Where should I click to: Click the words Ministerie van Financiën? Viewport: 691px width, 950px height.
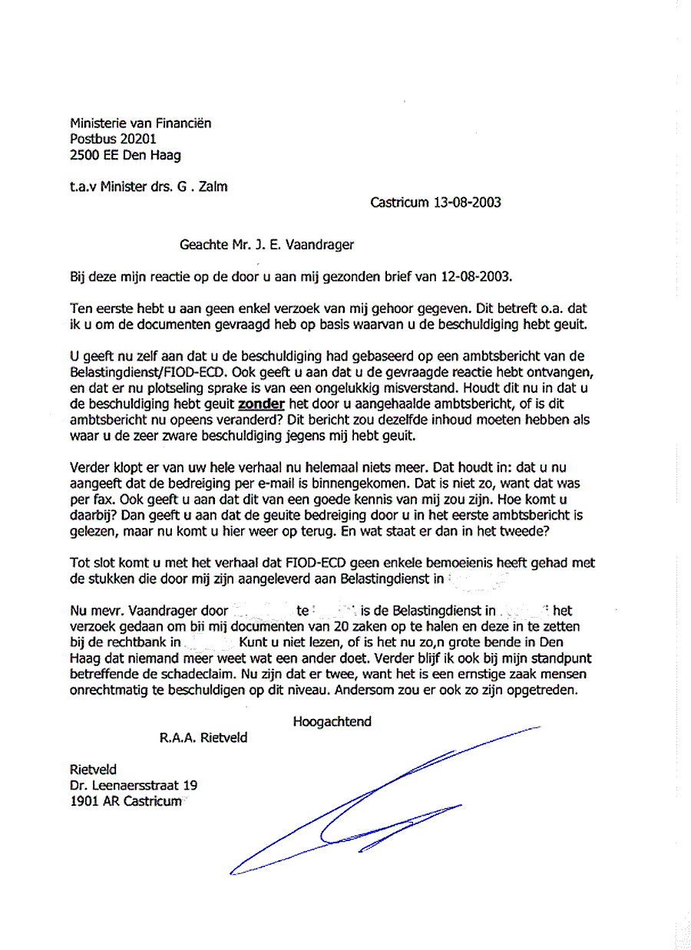pyautogui.click(x=141, y=123)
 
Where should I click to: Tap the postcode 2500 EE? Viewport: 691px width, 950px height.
pyautogui.click(x=95, y=155)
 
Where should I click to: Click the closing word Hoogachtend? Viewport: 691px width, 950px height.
pyautogui.click(x=332, y=721)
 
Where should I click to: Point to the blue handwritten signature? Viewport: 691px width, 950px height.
pyautogui.click(x=369, y=806)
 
